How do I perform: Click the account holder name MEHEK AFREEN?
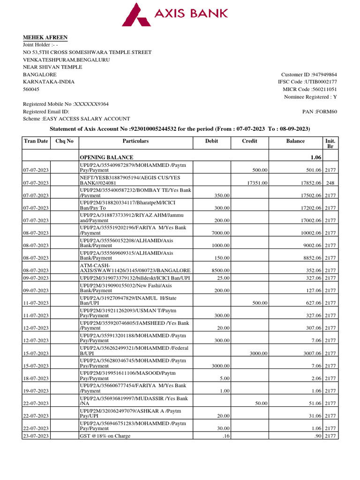(x=45, y=37)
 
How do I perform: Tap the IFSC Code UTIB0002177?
(x=321, y=82)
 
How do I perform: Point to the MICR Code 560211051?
(x=323, y=89)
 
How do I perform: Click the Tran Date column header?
(x=36, y=141)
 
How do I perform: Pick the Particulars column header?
(x=135, y=141)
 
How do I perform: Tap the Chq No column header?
(x=64, y=141)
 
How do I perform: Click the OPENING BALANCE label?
(x=106, y=157)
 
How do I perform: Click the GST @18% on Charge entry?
(x=105, y=436)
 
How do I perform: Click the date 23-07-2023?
(x=36, y=436)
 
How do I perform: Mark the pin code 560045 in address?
(x=31, y=89)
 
